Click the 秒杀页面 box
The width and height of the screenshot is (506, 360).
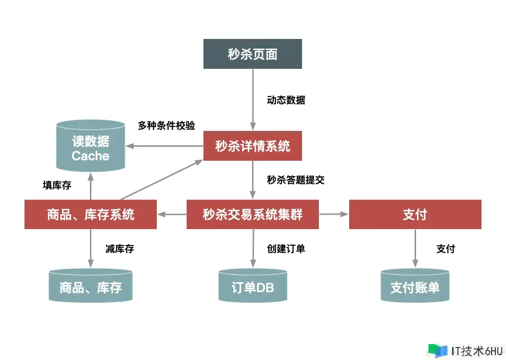coord(253,54)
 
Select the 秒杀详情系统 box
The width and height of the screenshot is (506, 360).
coord(253,146)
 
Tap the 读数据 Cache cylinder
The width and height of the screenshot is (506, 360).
coord(90,146)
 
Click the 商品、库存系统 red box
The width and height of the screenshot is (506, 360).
coord(90,214)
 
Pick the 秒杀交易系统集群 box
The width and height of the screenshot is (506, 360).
coord(253,214)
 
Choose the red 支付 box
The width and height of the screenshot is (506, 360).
coord(415,214)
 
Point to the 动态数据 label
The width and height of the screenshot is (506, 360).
coord(286,100)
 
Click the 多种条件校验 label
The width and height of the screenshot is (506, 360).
coord(166,126)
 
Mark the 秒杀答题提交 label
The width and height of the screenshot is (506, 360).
coord(295,180)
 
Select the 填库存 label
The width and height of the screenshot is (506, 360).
coord(57,185)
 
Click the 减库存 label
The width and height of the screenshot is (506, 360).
coord(119,249)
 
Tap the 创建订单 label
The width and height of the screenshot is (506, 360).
coord(286,249)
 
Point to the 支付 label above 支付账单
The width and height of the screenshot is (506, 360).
coord(445,249)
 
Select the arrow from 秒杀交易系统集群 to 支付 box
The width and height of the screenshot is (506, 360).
coord(334,214)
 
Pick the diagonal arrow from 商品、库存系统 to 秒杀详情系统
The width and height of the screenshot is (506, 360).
coord(161,180)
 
